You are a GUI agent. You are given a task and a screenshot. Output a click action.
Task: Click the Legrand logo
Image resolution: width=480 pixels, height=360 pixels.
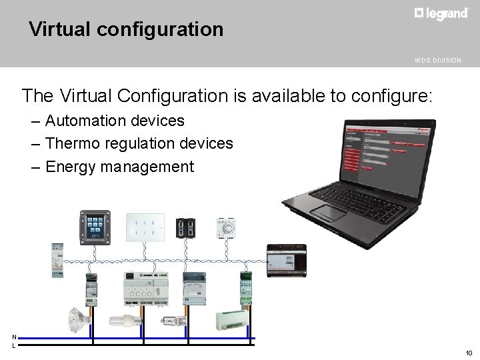pyautogui.click(x=441, y=14)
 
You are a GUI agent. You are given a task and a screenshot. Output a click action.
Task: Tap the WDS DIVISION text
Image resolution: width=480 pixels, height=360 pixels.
pyautogui.click(x=437, y=61)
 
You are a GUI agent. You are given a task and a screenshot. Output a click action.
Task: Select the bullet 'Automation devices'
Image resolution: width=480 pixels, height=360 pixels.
pyautogui.click(x=115, y=121)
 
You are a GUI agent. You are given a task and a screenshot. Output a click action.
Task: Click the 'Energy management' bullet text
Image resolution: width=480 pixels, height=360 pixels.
pyautogui.click(x=119, y=166)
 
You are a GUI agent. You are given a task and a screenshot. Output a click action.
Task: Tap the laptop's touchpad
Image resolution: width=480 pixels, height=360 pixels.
pyautogui.click(x=328, y=213)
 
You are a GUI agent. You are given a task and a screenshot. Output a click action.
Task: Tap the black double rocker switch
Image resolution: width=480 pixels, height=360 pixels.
pyautogui.click(x=186, y=228)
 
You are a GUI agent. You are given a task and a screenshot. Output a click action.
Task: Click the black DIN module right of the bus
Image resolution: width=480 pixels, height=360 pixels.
pyautogui.click(x=285, y=260)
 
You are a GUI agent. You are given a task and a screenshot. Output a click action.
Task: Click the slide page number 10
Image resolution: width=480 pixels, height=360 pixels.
pyautogui.click(x=469, y=353)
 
